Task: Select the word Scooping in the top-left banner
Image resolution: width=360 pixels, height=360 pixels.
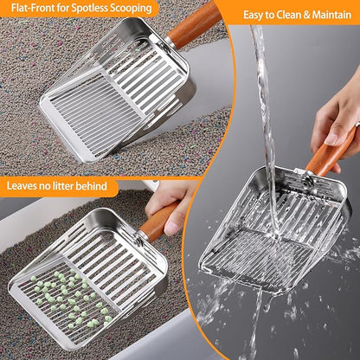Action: (132, 9)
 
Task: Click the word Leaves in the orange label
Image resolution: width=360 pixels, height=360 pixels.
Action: (25, 185)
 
